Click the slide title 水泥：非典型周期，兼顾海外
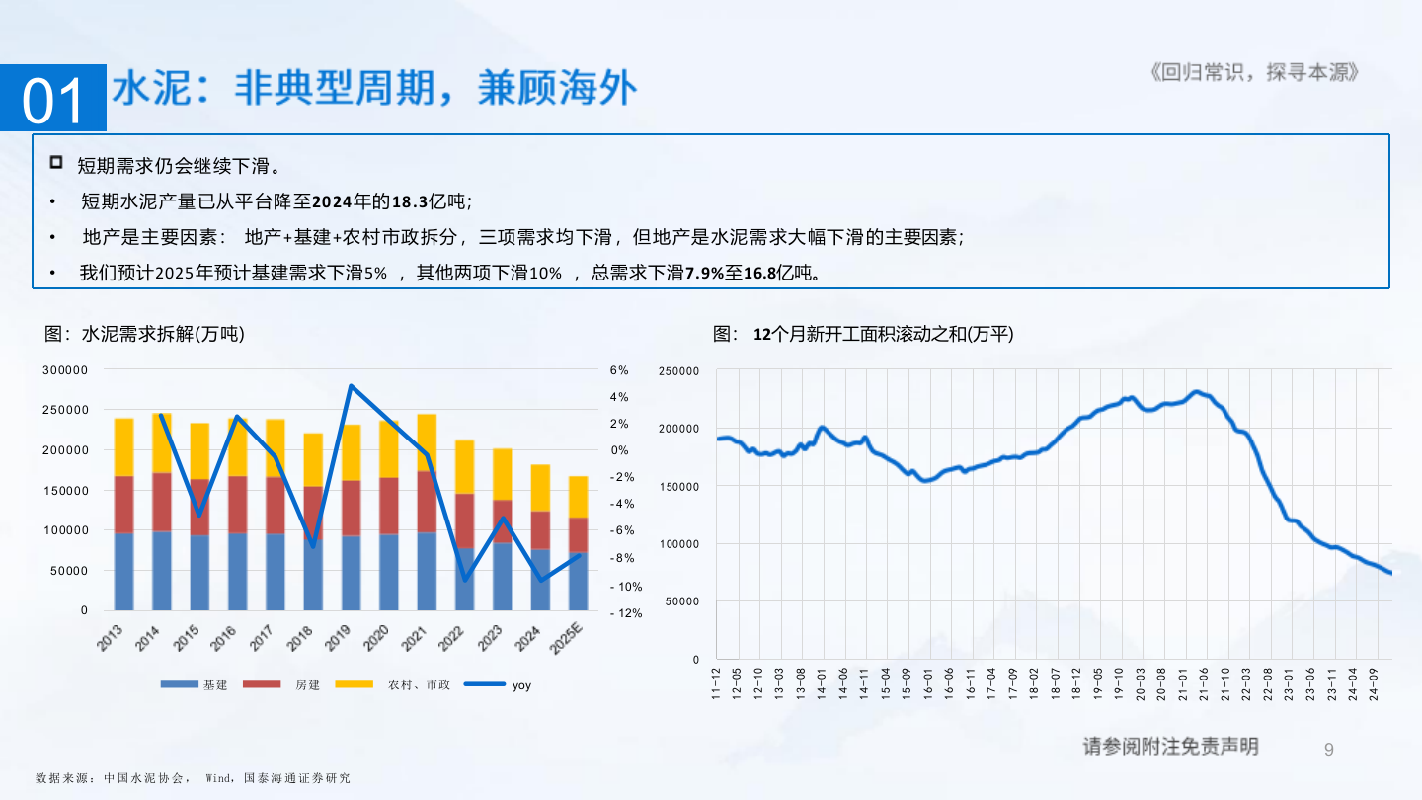click(375, 90)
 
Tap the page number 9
click(1328, 749)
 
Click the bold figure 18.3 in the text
click(410, 201)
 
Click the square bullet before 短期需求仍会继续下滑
click(56, 162)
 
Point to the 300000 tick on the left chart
click(65, 369)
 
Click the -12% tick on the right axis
click(626, 612)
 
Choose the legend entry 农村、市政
click(419, 684)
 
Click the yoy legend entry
click(520, 684)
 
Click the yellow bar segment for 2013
click(124, 446)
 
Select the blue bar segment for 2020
click(388, 572)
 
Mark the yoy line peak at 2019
click(351, 386)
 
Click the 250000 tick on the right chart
click(679, 370)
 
